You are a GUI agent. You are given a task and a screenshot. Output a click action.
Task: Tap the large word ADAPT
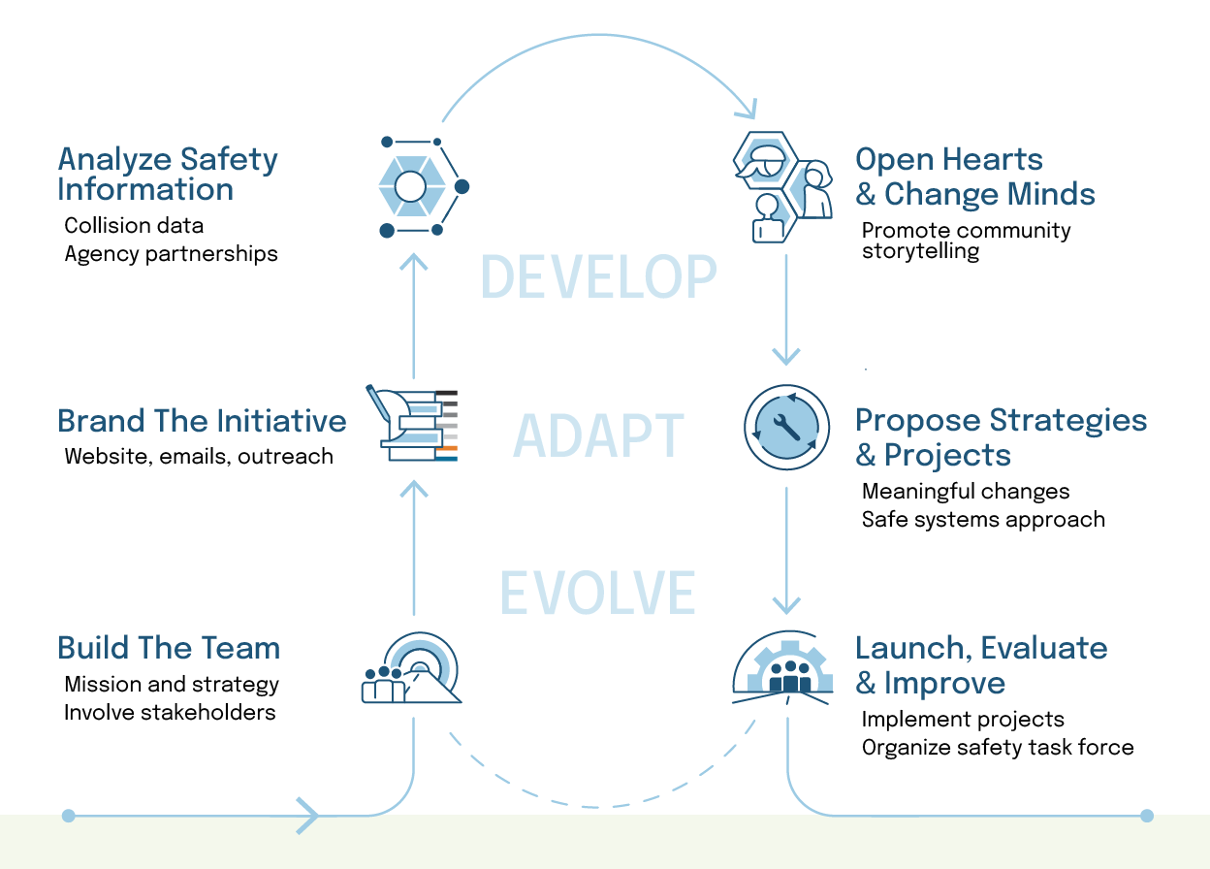(598, 434)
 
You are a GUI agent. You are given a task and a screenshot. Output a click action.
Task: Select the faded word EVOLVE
(598, 593)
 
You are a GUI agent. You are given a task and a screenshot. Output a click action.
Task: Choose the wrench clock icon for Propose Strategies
(786, 428)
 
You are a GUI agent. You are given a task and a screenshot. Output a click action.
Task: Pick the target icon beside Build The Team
(411, 669)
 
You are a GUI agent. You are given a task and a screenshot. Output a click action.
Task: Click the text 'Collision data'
(134, 226)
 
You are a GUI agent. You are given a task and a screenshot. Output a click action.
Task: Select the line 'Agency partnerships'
(171, 254)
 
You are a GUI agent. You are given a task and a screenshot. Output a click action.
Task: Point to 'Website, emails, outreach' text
(198, 456)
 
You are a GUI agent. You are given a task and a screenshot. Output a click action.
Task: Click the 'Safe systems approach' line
(983, 519)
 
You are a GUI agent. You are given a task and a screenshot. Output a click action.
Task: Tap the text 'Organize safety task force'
(997, 747)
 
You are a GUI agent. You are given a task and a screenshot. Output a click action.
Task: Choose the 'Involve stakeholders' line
(170, 712)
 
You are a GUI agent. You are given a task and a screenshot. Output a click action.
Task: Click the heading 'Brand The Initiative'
(202, 421)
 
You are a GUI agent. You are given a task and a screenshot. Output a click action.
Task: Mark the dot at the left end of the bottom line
(68, 816)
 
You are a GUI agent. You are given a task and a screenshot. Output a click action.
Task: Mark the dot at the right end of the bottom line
(1147, 816)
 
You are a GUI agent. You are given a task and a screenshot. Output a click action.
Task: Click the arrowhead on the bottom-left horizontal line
(308, 816)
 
